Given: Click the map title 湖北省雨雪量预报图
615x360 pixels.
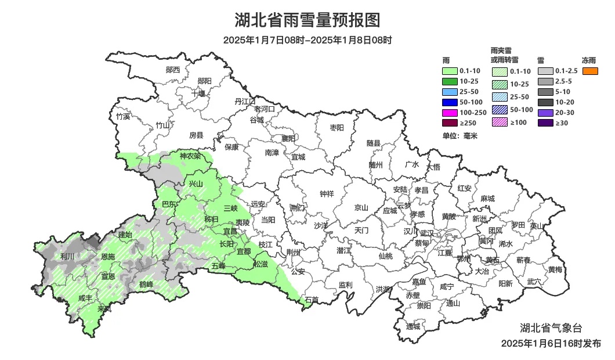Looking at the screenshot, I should (307, 21).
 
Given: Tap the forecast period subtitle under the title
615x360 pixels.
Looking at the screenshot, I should (307, 40).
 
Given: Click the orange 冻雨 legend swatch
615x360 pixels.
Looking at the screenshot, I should (591, 71).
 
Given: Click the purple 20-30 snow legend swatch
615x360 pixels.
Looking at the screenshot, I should (545, 113).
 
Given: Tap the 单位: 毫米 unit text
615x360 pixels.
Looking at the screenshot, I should (459, 136).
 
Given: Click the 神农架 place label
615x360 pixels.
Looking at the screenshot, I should (190, 156).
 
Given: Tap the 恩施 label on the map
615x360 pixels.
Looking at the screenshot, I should (108, 256).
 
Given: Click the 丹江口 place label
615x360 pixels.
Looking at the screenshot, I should (245, 101).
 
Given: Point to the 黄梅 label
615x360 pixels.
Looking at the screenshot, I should (555, 269).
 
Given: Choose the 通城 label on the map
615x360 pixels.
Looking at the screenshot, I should (413, 326).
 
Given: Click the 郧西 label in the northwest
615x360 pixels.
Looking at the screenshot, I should (173, 70).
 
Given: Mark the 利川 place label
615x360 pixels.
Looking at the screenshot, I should (67, 256).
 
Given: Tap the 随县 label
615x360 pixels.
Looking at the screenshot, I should (374, 143).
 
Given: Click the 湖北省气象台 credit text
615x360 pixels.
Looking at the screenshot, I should (548, 327).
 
